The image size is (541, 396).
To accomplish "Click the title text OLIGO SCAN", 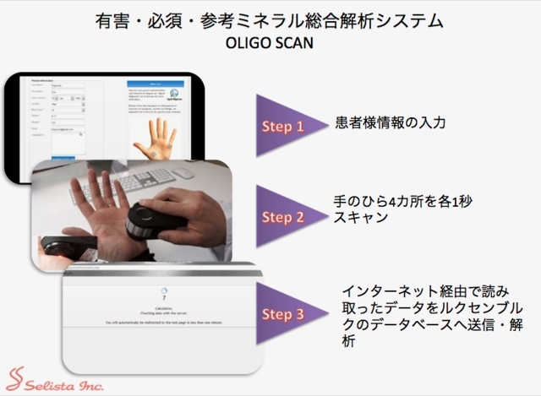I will click(x=271, y=42).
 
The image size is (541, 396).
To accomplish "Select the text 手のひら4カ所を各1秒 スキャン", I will click(x=384, y=209).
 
